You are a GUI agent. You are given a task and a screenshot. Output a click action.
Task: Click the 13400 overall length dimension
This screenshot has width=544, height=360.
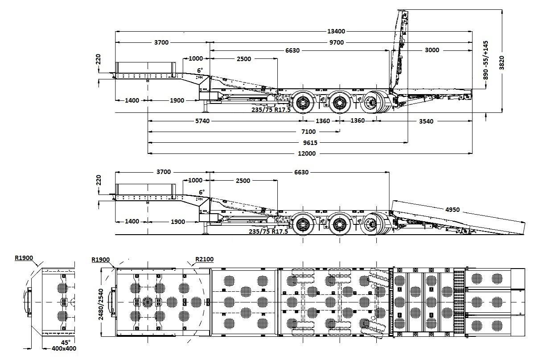(337, 31)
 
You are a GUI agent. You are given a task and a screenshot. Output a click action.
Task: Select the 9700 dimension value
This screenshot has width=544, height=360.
(337, 42)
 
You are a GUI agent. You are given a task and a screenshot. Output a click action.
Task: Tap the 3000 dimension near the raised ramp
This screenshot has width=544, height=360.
(432, 50)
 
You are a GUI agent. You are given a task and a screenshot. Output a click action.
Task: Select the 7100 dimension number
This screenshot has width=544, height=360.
(309, 132)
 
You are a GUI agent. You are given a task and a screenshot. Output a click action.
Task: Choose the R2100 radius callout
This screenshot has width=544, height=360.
(205, 259)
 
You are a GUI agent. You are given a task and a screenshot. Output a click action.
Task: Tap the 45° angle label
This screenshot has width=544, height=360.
(65, 342)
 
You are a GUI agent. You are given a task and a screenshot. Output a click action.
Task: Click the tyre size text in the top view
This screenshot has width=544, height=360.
(272, 110)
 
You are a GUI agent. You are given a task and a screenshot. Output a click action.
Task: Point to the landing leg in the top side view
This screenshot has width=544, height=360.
(206, 107)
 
